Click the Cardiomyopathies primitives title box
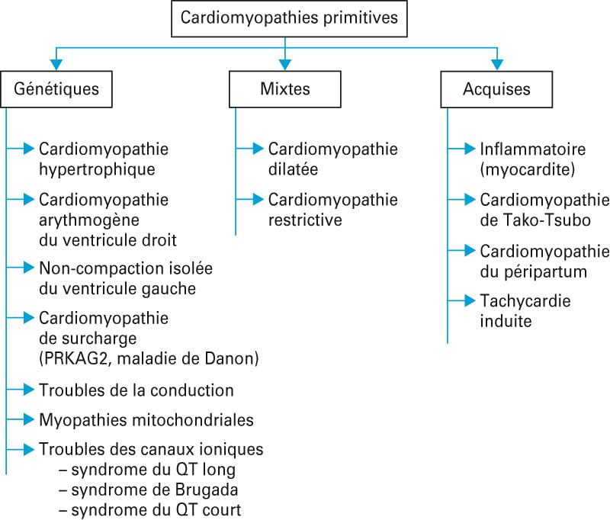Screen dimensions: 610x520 [289, 18]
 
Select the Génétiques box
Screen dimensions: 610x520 [56, 89]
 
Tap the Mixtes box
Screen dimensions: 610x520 [285, 89]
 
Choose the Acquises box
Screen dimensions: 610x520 [496, 89]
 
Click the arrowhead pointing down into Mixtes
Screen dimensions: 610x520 [285, 65]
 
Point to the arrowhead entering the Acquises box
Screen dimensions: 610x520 [497, 65]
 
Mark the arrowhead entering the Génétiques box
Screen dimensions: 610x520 [56, 65]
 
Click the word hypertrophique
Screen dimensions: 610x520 [97, 169]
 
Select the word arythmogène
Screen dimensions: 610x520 [89, 220]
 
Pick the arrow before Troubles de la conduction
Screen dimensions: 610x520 [21, 390]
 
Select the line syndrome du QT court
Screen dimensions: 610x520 [150, 510]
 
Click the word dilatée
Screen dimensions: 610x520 [293, 169]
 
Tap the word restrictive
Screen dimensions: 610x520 [305, 220]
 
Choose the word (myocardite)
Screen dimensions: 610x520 [527, 169]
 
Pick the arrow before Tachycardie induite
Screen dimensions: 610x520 [461, 300]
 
